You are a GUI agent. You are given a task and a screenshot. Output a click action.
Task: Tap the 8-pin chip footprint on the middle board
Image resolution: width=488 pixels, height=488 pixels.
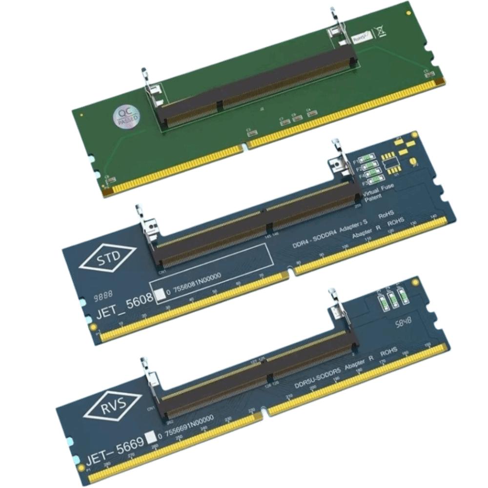click(389, 161)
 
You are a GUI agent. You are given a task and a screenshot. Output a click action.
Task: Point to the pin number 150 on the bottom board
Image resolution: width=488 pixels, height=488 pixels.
click(428, 346)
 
